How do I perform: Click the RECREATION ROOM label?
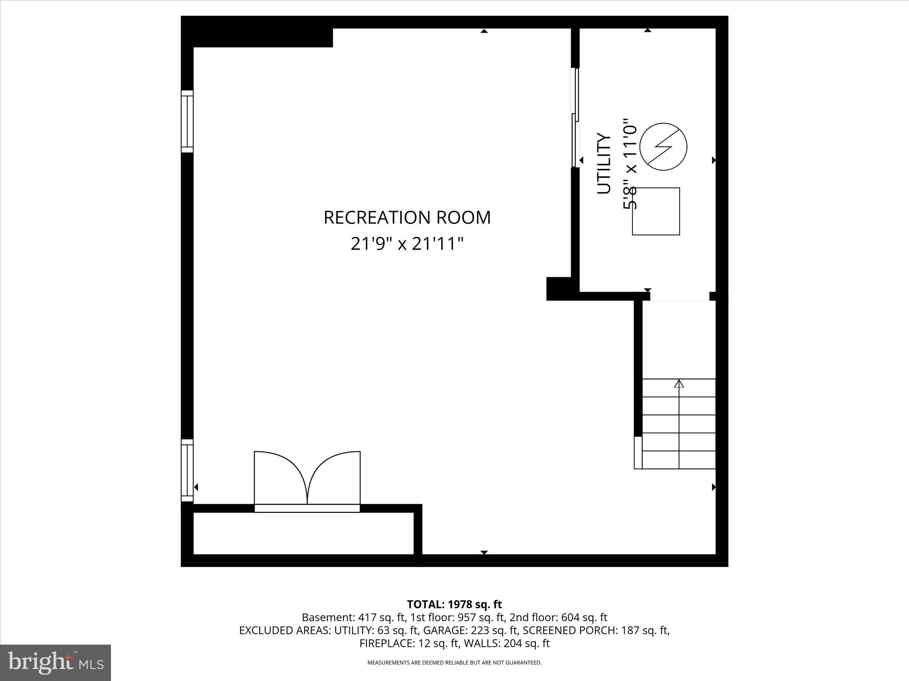[407, 218]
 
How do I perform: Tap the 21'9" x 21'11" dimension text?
[407, 244]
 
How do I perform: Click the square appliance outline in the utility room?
[656, 211]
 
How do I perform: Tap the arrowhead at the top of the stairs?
[679, 384]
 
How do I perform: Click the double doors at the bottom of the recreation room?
[307, 481]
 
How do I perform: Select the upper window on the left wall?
[187, 121]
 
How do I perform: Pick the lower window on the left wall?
[187, 470]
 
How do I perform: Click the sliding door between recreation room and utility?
[575, 117]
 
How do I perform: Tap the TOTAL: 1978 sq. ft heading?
[454, 604]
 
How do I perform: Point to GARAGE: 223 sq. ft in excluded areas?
[470, 630]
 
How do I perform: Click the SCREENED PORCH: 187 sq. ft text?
[597, 630]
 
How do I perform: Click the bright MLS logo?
[55, 663]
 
